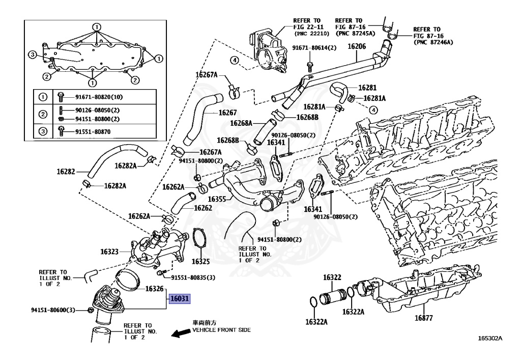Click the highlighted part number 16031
point(180,299)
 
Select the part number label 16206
point(356,46)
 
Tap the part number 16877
point(423,319)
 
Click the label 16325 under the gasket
point(200,262)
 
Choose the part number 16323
point(109,252)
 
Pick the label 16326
point(154,289)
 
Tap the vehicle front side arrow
point(179,333)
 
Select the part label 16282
point(67,172)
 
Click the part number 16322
point(332,278)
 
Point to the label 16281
point(366,87)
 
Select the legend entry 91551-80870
point(92,131)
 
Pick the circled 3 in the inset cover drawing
point(32,55)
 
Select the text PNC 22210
point(311,34)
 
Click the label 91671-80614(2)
point(314,48)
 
